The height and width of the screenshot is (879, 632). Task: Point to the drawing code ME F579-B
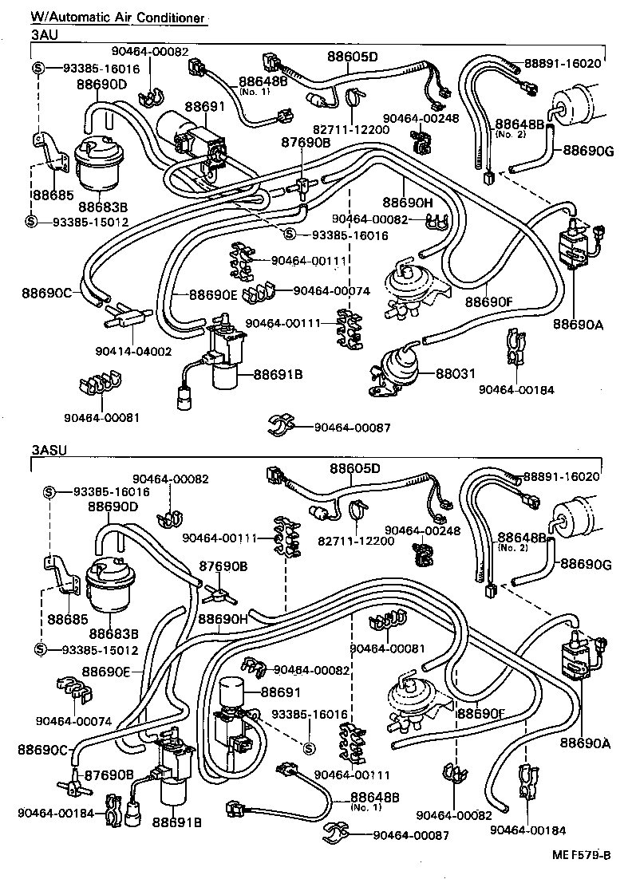coord(582,855)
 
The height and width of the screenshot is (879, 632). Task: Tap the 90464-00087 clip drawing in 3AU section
coord(281,425)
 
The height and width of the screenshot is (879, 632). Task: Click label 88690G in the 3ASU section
coord(585,565)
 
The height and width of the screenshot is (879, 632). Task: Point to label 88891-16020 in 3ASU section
coord(561,476)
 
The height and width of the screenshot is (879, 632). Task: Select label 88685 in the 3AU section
coord(49,194)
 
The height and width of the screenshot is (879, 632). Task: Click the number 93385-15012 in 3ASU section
coord(95,650)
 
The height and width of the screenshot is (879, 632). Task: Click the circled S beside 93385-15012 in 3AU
coord(32,221)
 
